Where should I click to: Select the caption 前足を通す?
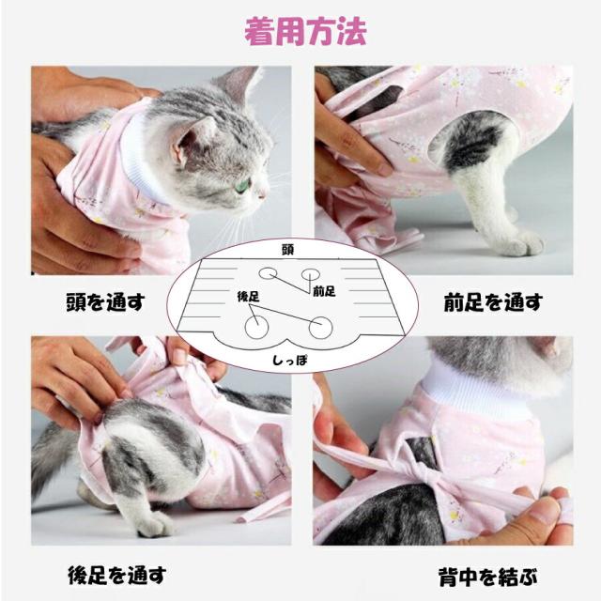[x=492, y=302]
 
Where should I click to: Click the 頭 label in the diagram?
[x=287, y=251]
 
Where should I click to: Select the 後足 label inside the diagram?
[x=248, y=297]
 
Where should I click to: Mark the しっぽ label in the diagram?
[x=288, y=360]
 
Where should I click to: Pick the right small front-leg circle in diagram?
[x=310, y=275]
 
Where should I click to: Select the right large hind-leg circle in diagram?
[x=320, y=327]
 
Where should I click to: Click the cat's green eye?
[x=242, y=185]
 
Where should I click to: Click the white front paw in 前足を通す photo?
[x=519, y=243]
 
